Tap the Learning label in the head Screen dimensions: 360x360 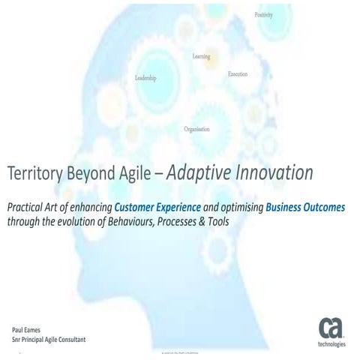201,56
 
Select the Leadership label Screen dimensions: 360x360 145,78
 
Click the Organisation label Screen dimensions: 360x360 196,130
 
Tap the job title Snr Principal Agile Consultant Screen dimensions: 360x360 48,340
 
